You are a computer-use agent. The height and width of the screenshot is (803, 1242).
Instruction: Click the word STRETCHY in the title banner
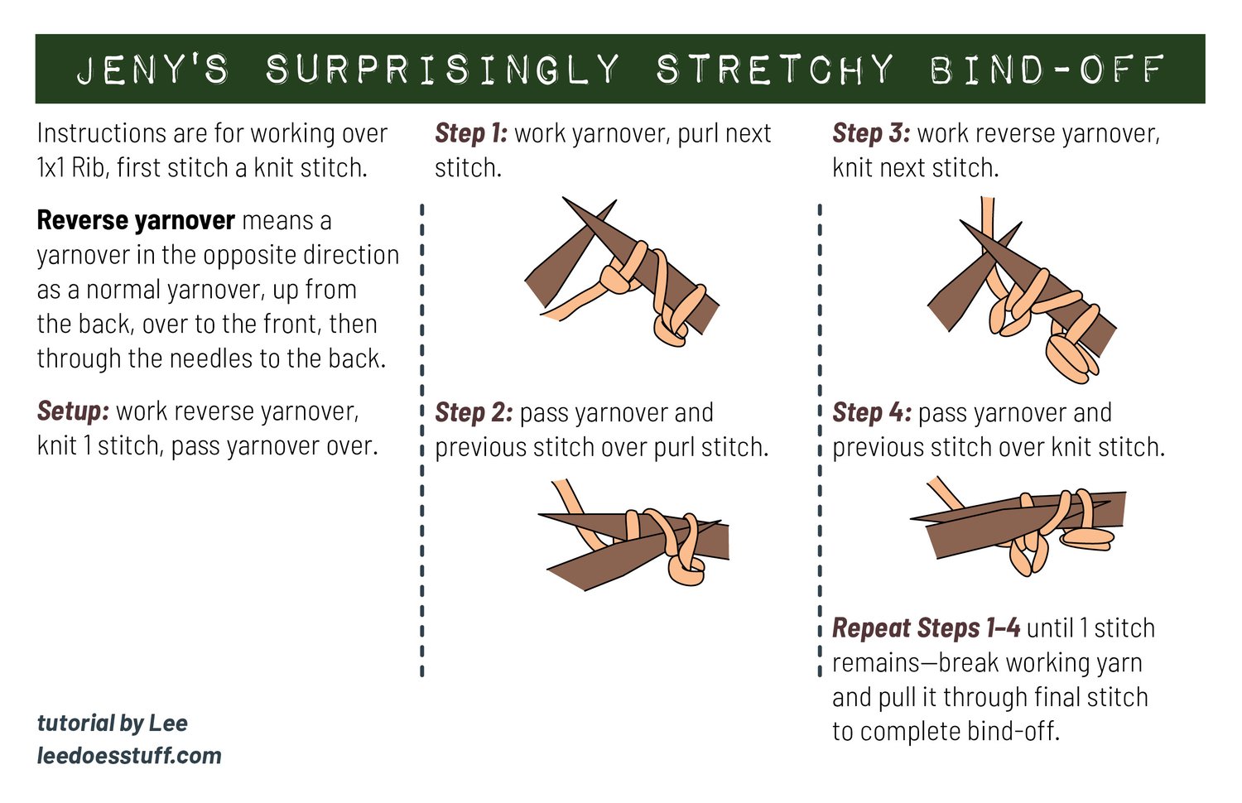(775, 70)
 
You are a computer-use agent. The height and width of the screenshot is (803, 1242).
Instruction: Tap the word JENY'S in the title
(153, 70)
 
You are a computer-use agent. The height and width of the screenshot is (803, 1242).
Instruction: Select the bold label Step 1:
(471, 133)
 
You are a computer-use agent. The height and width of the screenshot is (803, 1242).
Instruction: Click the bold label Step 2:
(474, 412)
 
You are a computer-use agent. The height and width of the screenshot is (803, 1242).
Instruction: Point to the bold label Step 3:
(871, 133)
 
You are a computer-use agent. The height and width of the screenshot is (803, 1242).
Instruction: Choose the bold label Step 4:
(872, 412)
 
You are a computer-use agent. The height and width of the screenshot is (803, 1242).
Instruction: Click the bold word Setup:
(73, 411)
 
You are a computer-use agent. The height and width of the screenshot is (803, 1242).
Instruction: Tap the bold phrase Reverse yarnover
(136, 220)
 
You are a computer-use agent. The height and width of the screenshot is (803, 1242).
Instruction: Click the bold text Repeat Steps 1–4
(926, 628)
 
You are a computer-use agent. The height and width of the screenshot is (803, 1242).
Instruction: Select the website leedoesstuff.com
(129, 756)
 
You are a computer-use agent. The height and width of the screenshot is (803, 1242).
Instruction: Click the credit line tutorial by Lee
(113, 723)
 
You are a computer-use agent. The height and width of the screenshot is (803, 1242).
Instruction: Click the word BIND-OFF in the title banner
(1047, 70)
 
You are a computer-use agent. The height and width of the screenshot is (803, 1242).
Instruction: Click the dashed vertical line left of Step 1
(422, 439)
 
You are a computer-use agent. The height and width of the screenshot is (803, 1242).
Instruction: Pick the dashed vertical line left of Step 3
(820, 439)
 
